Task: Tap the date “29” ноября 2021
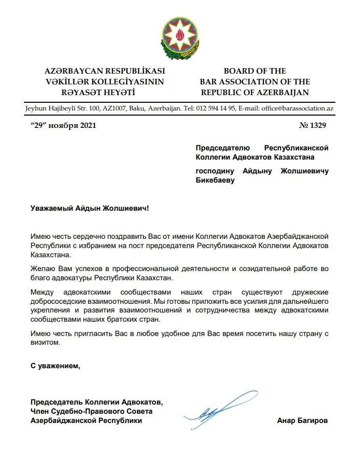pyautogui.click(x=63, y=124)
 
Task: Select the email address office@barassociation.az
pyautogui.click(x=298, y=108)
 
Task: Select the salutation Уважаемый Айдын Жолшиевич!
pyautogui.click(x=90, y=209)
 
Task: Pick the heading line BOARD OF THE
pyautogui.click(x=255, y=71)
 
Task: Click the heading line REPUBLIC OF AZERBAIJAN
pyautogui.click(x=255, y=93)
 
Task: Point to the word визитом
pyautogui.click(x=46, y=343)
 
